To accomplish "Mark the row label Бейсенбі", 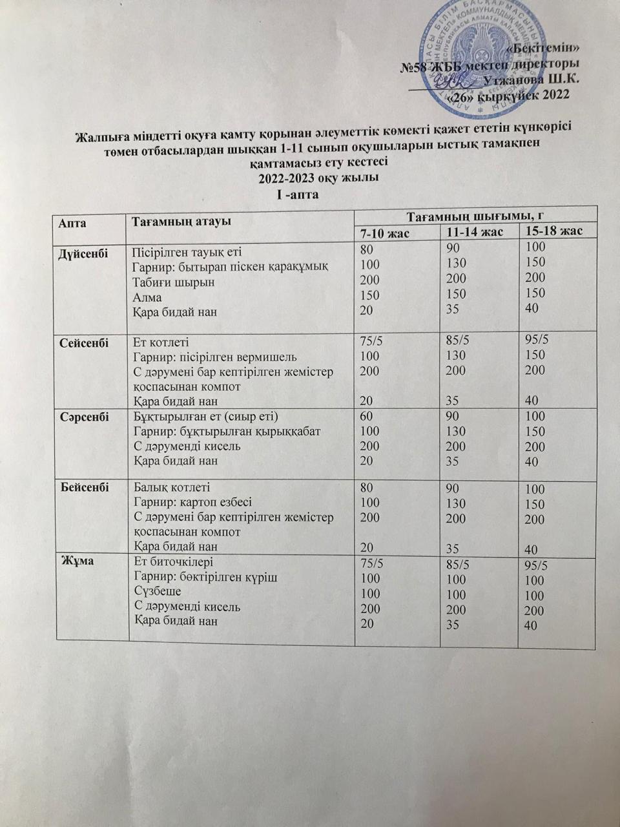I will [83, 487].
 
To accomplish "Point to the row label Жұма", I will [76, 561].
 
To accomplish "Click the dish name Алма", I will [147, 297].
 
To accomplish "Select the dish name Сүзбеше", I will [157, 591].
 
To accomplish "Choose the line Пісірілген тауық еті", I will [187, 252].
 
